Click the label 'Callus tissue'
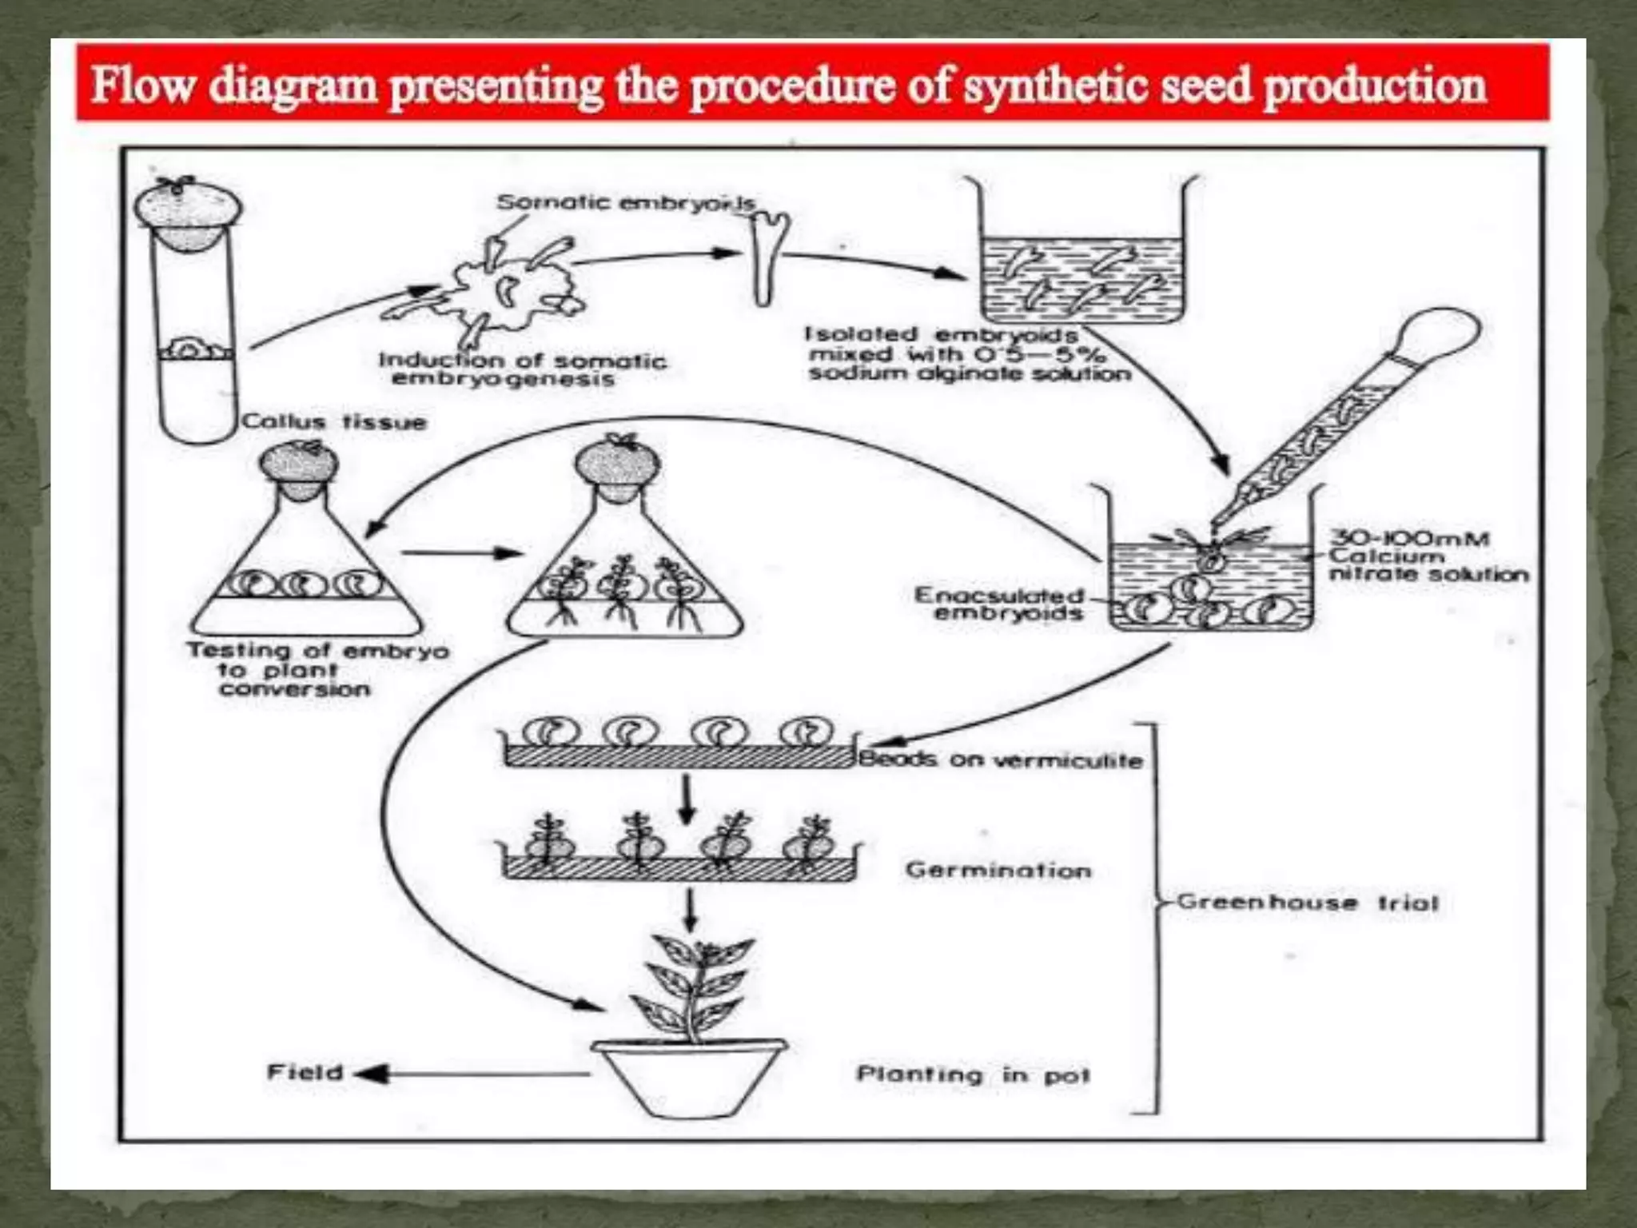click(334, 421)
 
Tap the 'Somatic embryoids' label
click(625, 202)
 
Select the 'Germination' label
click(998, 869)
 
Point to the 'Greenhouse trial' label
click(1307, 903)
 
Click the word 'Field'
click(305, 1071)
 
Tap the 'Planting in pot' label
click(973, 1074)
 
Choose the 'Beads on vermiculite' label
click(1000, 760)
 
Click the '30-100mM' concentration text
click(1409, 538)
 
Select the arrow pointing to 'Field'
click(472, 1074)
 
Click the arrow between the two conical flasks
click(462, 552)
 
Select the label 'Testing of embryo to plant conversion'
click(317, 670)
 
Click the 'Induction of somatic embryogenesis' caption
click(521, 369)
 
